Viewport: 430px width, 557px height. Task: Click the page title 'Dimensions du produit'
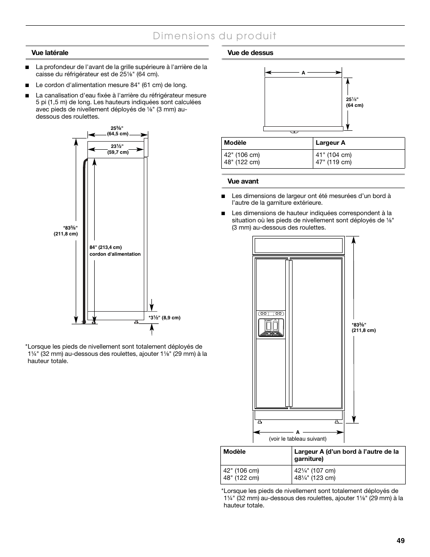click(x=215, y=36)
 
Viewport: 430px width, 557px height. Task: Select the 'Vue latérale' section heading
click(x=50, y=53)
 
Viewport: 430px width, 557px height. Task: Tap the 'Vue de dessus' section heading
click(x=250, y=53)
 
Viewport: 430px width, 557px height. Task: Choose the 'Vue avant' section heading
click(x=243, y=181)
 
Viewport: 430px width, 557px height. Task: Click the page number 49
click(x=401, y=541)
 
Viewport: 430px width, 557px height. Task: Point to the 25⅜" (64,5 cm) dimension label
click(x=118, y=131)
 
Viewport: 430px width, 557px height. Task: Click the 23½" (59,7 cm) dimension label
click(x=118, y=149)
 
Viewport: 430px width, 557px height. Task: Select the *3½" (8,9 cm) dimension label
click(x=165, y=318)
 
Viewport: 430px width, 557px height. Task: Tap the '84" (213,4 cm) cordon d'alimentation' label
click(x=115, y=251)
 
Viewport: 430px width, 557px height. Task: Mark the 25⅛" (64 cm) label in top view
click(x=355, y=102)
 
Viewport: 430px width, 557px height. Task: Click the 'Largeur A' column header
click(x=330, y=143)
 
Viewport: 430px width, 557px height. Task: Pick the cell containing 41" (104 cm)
click(x=334, y=155)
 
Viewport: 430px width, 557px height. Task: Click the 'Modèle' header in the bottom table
click(x=234, y=451)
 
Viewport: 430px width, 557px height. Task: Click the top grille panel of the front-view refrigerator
click(x=298, y=246)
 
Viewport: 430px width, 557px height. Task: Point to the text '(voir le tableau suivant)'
click(x=298, y=439)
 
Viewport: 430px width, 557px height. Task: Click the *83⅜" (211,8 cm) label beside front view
click(x=363, y=327)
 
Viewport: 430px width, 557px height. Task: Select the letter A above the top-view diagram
click(x=303, y=73)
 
